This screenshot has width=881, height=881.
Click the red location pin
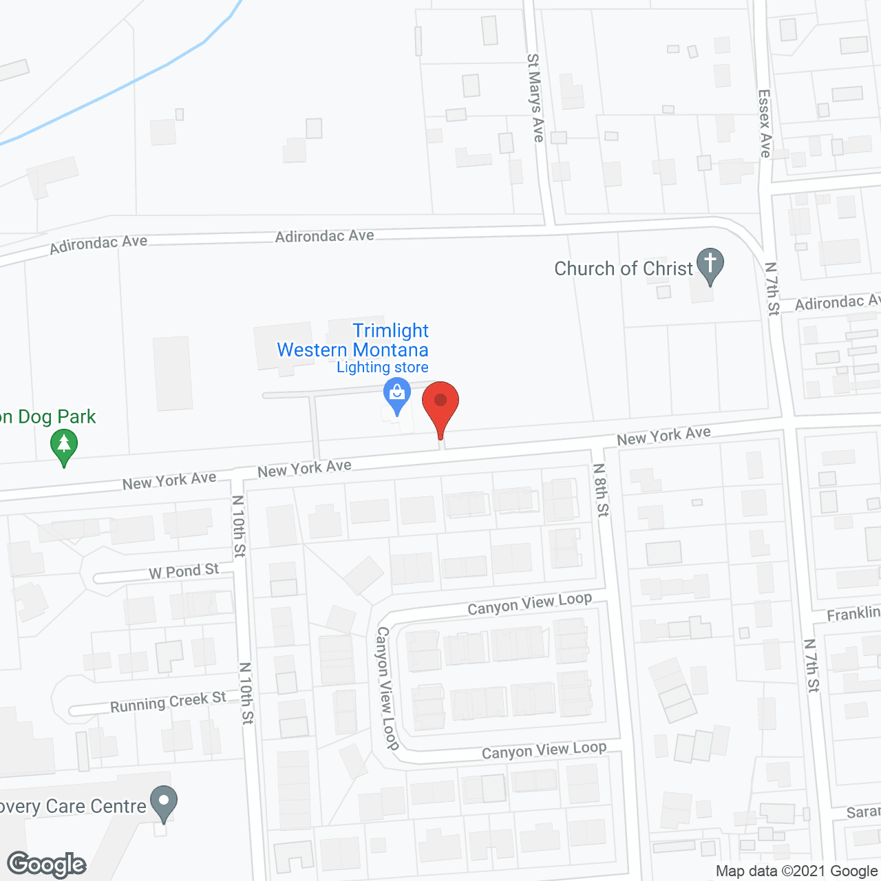440,403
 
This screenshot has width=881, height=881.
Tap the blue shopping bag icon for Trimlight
396,395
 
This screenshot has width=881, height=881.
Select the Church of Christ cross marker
710,264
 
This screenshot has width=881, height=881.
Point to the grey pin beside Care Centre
164,802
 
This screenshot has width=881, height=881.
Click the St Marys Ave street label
535,98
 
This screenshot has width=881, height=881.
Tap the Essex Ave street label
765,123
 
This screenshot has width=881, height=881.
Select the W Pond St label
184,571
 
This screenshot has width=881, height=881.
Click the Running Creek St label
168,703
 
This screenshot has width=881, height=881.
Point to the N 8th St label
601,489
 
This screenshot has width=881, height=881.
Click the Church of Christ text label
624,268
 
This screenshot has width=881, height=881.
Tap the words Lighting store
383,368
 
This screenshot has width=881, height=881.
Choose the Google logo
47,864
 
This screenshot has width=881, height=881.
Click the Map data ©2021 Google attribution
796,871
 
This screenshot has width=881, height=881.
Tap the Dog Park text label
48,417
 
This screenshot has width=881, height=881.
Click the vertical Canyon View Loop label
388,688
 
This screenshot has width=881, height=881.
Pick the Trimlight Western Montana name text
353,340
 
